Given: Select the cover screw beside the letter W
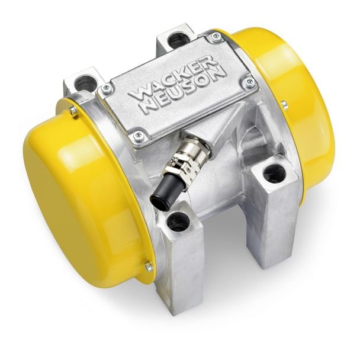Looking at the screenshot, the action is pos(107,88).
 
